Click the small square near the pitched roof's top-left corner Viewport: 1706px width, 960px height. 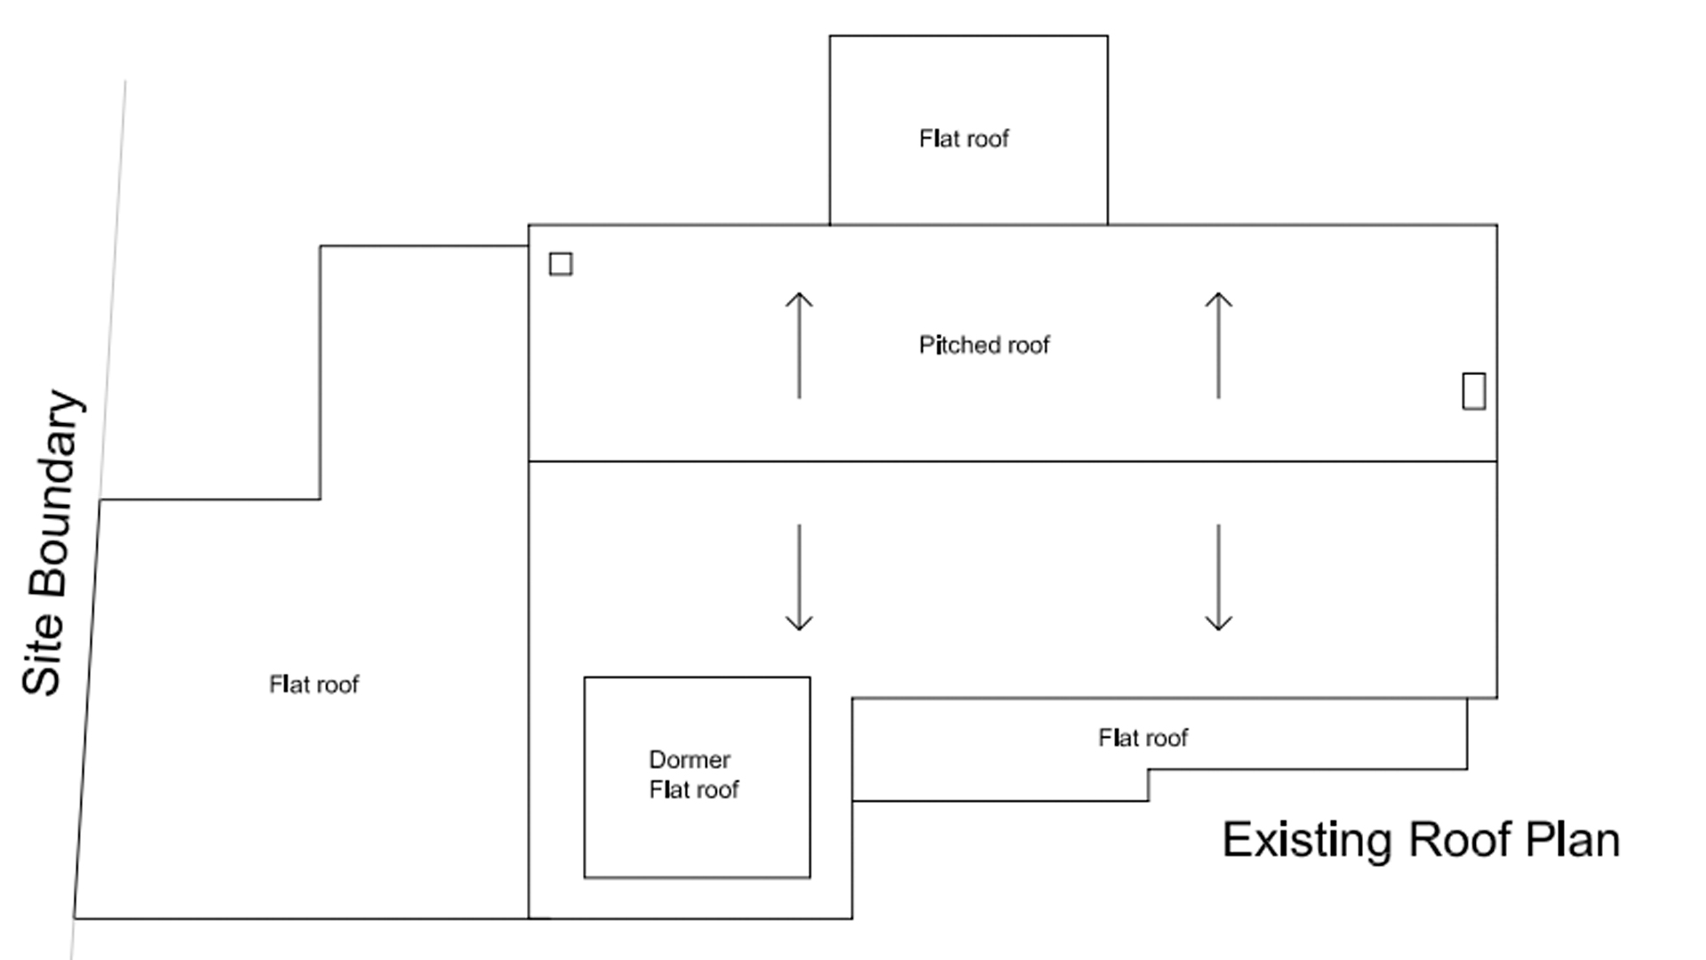[x=561, y=264]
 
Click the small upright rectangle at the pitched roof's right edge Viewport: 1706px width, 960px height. [x=1473, y=391]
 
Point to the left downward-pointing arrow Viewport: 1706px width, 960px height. [x=799, y=578]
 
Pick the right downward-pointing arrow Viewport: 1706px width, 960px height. [x=1218, y=578]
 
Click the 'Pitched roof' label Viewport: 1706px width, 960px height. [x=984, y=345]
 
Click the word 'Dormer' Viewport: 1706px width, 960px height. [x=690, y=760]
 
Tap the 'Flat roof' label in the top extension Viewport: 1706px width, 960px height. [x=964, y=139]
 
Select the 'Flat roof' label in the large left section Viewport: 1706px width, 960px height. [x=314, y=684]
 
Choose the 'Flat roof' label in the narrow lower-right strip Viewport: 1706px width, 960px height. [x=1143, y=738]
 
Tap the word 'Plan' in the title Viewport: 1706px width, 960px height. [x=1573, y=840]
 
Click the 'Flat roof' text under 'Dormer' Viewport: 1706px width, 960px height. [x=694, y=789]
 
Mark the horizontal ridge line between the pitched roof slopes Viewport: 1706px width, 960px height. [x=1013, y=461]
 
